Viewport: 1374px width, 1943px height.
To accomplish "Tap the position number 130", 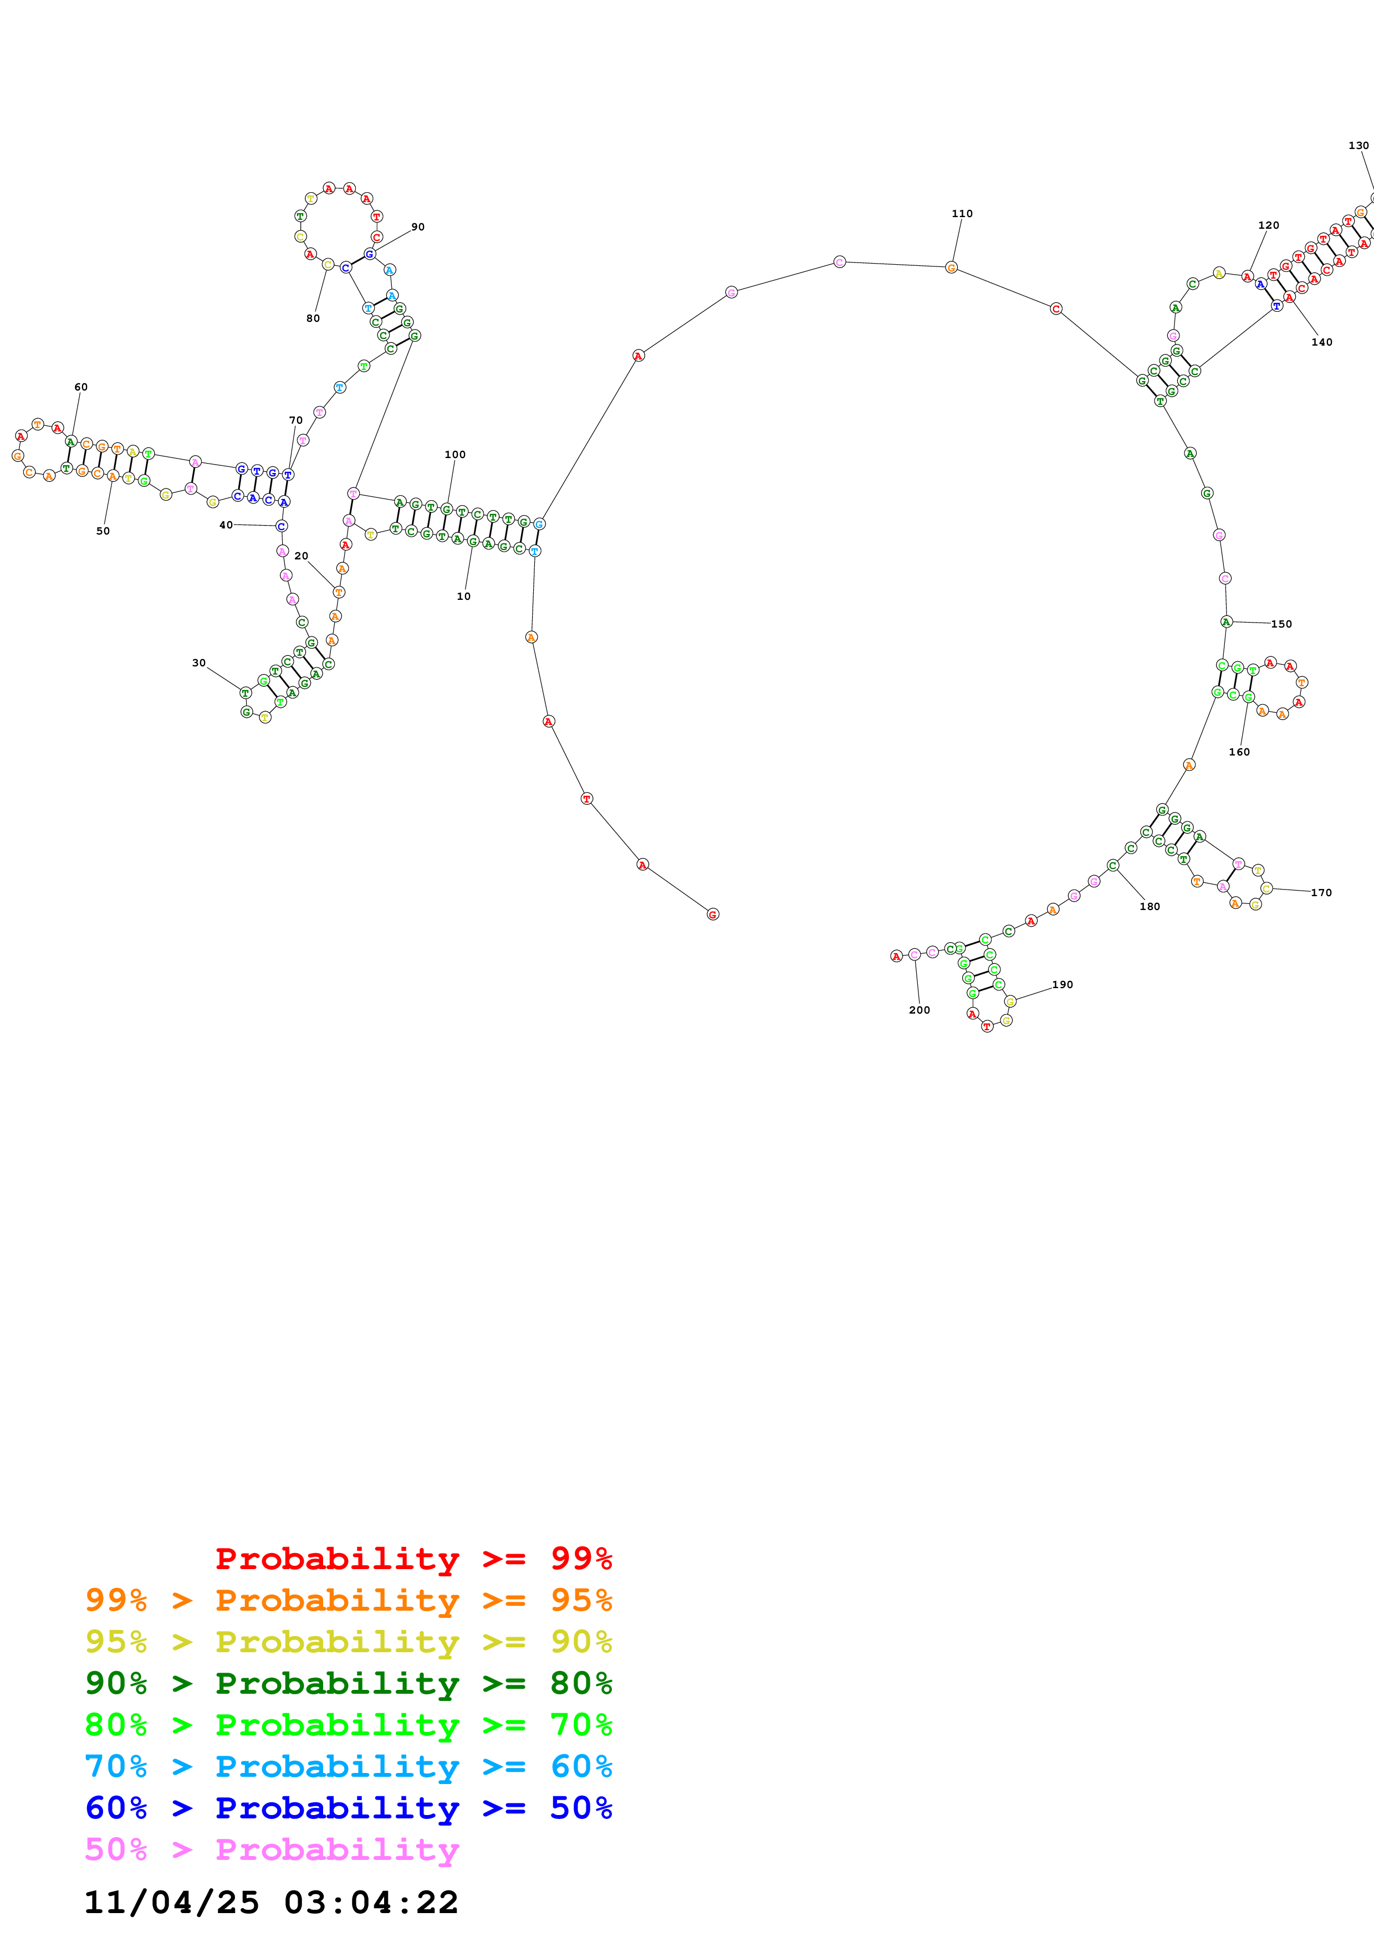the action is pos(1358,146).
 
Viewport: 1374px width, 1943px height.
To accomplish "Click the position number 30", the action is pos(199,662).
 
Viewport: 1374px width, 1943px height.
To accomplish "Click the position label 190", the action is pos(1063,984).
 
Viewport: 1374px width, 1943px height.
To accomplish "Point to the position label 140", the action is pos(1321,342).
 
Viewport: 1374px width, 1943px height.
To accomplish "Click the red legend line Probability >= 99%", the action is pos(413,1559).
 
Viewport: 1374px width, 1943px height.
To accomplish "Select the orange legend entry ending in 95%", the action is pos(348,1600).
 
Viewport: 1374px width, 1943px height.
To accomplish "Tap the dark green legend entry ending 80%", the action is pos(348,1683).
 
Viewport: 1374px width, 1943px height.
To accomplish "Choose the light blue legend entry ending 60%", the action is pos(348,1766).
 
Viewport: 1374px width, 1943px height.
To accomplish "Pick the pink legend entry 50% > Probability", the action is pos(271,1849).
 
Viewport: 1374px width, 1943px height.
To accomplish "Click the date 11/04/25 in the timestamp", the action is pos(171,1903).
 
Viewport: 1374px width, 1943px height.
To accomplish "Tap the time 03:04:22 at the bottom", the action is pos(371,1903).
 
